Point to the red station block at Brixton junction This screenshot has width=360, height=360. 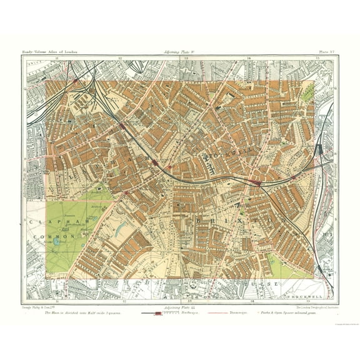pos(254,182)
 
